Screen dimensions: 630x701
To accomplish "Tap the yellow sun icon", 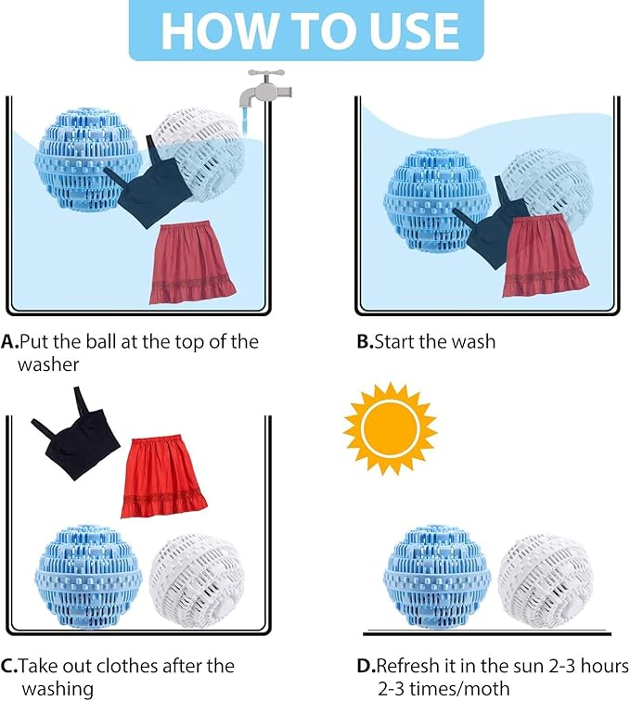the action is click(x=391, y=428).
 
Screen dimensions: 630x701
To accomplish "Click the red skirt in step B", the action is click(x=544, y=255).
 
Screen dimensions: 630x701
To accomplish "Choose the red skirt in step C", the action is click(x=163, y=476).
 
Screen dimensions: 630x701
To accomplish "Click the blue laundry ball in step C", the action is click(x=88, y=577).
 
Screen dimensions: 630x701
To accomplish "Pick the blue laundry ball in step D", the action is click(x=437, y=577).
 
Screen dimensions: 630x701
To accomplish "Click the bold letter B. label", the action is click(x=365, y=342).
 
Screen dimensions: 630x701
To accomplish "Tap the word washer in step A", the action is click(x=48, y=364).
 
